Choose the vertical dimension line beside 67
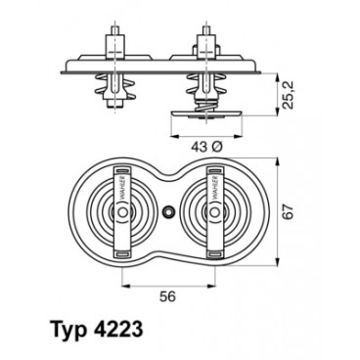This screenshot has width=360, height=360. tap(274, 211)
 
